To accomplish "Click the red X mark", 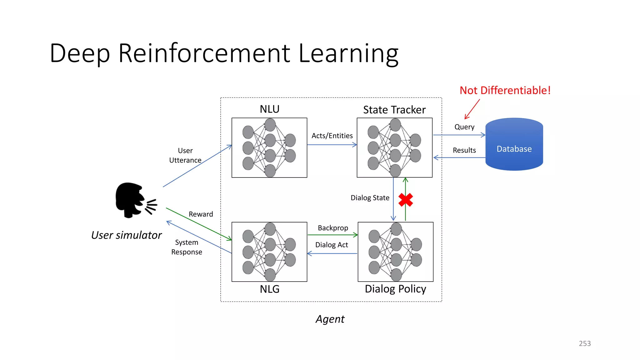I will pos(406,200).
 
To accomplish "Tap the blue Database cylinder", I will pos(514,144).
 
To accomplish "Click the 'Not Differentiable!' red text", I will pos(505,90).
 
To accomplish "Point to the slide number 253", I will pos(585,343).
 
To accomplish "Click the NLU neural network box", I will pos(269,147).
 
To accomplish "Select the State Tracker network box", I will pos(394,147).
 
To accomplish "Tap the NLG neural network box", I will pos(269,252).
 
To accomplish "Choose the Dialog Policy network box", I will pos(395,252).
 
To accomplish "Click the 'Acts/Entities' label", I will pos(332,136).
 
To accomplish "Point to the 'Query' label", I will pos(464,127).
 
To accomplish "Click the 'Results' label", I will pos(464,150).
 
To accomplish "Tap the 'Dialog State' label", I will pos(370,198).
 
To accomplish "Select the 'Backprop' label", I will pos(333,228).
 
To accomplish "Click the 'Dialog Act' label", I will pos(332,245).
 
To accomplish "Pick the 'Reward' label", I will pos(201,214).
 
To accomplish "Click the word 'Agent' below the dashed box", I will pos(330,319).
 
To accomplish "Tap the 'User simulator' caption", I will pos(127,235).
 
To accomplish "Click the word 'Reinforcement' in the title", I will pos(204,53).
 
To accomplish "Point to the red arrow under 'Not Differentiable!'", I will pos(472,109).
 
